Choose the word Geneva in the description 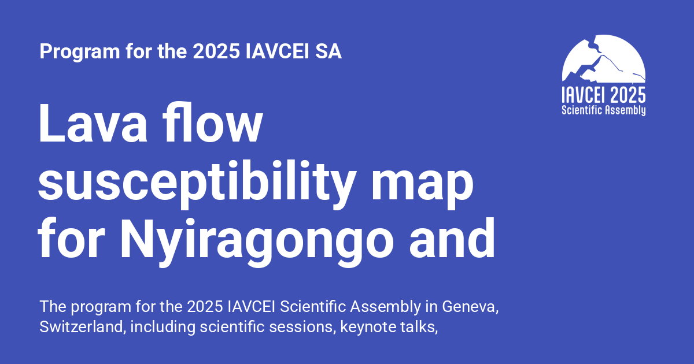pos(469,306)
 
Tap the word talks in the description pos(418,326)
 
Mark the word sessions pos(307,326)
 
